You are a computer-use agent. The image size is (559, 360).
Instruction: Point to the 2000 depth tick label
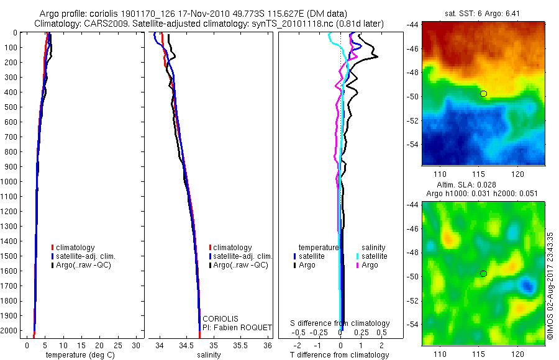point(11,330)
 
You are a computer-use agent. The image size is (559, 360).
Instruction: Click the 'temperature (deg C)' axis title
point(78,355)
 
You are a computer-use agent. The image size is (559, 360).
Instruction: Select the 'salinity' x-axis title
point(209,355)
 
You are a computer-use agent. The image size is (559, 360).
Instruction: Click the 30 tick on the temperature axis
point(137,344)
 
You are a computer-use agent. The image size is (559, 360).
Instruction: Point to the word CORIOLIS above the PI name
point(220,318)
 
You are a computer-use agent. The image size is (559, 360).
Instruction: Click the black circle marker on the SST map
point(483,93)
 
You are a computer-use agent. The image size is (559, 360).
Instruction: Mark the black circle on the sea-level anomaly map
point(483,273)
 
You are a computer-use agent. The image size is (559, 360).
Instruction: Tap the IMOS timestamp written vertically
point(551,286)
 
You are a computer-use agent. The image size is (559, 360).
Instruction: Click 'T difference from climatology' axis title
point(340,355)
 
